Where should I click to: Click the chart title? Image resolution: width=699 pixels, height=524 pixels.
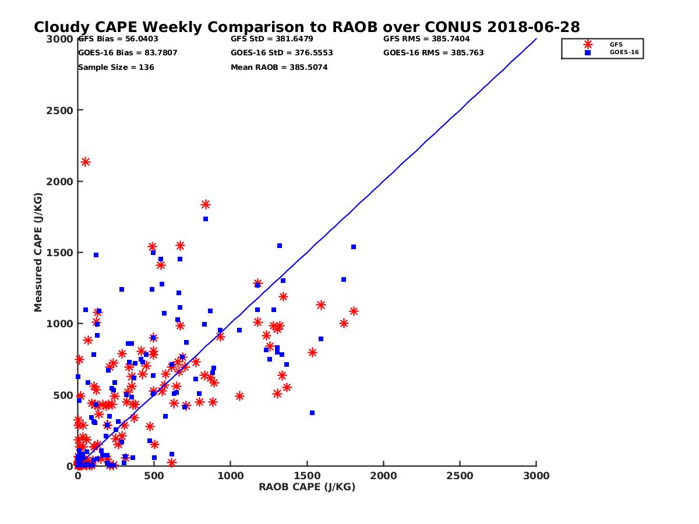coord(306,27)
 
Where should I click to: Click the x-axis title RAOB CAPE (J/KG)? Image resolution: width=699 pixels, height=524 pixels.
coord(307,487)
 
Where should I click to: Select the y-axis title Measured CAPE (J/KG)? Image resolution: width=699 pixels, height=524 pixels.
coord(38,252)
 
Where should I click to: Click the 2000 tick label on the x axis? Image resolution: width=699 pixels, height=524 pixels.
coord(383,476)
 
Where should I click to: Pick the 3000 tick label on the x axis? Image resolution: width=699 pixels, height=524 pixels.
coord(536,476)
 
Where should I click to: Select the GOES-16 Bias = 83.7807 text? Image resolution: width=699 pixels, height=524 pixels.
coord(128,53)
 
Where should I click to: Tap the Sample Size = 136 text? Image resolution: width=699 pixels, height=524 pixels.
coord(116,68)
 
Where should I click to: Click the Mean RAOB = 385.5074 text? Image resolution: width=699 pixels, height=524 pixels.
coord(279,68)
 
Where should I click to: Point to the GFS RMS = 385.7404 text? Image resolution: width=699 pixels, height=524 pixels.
coord(426,39)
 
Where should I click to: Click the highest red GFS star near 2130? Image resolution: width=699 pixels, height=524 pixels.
coord(85,162)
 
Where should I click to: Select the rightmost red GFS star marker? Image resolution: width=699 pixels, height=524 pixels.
coord(353,311)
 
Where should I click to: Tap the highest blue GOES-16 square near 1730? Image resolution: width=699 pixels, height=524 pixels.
coord(206,219)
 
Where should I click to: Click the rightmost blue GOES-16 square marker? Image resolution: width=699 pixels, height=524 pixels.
coord(353,247)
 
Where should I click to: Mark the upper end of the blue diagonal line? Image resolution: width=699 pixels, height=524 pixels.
coord(536,39)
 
